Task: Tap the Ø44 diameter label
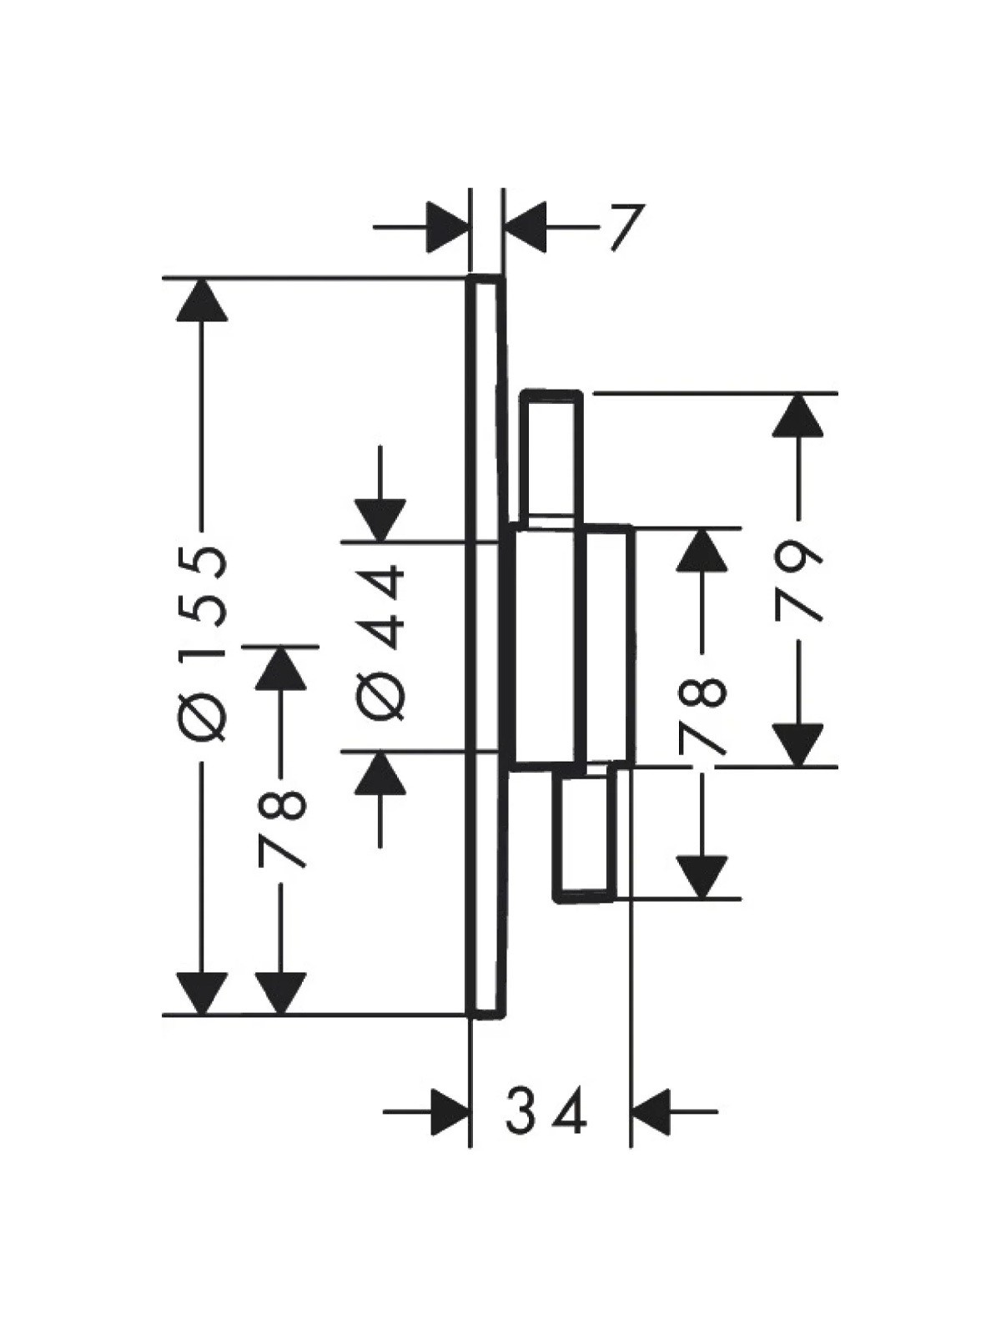pyautogui.click(x=380, y=642)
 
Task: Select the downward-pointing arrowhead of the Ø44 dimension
pyautogui.click(x=380, y=520)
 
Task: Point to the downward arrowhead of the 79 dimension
pyautogui.click(x=797, y=746)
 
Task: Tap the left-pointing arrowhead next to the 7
pyautogui.click(x=526, y=228)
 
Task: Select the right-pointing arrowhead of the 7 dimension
pyautogui.click(x=449, y=228)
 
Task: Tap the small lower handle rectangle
pyautogui.click(x=584, y=833)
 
